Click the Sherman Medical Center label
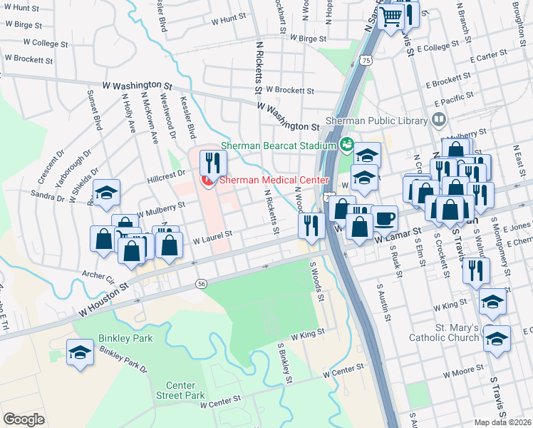(274, 180)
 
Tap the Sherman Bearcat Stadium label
(278, 146)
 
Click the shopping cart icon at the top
(390, 16)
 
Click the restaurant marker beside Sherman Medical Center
(212, 163)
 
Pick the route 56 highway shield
(202, 284)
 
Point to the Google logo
(23, 419)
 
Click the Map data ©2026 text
(503, 422)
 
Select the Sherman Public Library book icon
(439, 119)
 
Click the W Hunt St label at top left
(21, 7)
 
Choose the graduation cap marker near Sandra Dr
(106, 192)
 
